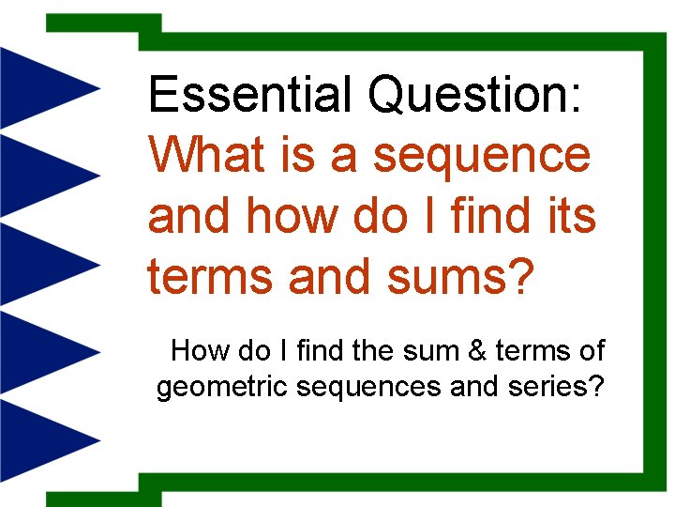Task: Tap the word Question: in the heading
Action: [x=478, y=95]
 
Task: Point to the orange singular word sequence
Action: [x=482, y=155]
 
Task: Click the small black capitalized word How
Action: [x=200, y=351]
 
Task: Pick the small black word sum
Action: [x=421, y=351]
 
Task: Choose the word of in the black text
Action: [x=592, y=351]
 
